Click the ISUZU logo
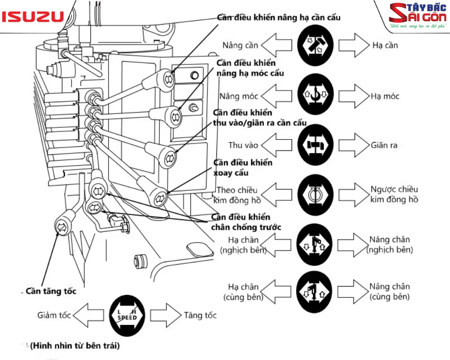pos(32,17)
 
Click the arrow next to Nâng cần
pos(278,45)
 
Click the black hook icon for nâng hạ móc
pos(315,94)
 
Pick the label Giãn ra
pos(384,145)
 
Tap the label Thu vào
pos(243,145)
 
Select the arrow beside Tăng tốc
pos(165,315)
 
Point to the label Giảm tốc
pos(54,315)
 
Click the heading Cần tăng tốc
pos(51,291)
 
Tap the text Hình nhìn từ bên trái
pos(75,346)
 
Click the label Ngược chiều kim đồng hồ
pos(395,194)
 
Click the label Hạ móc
pos(385,96)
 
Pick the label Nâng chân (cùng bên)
pos(390,292)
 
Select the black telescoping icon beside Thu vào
pos(315,145)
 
